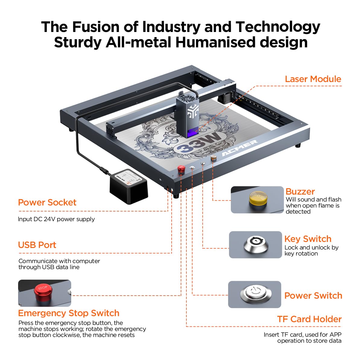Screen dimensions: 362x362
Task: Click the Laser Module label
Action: (313, 79)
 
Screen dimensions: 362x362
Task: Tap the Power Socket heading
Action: (47, 202)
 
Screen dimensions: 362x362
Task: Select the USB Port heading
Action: (37, 245)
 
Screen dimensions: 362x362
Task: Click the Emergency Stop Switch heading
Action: (69, 313)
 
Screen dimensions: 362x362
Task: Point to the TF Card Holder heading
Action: (310, 319)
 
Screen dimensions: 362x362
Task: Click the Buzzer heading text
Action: (300, 192)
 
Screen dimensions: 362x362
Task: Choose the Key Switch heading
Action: (308, 239)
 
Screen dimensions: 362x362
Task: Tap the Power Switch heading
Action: (313, 296)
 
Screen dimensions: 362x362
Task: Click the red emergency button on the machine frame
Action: (181, 169)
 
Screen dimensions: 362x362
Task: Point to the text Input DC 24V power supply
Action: (56, 219)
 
